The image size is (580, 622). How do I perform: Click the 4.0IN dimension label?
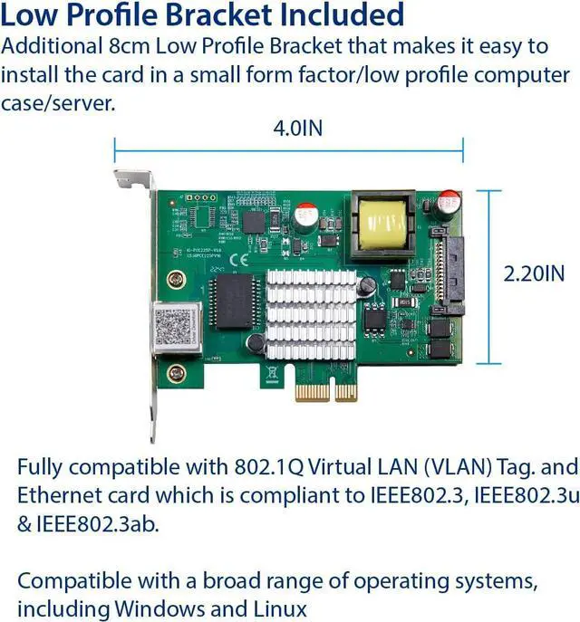(x=298, y=128)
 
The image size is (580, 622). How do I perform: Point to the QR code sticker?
(x=171, y=327)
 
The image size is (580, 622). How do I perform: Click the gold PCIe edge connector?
(x=325, y=391)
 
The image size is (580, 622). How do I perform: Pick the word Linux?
(x=278, y=608)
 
